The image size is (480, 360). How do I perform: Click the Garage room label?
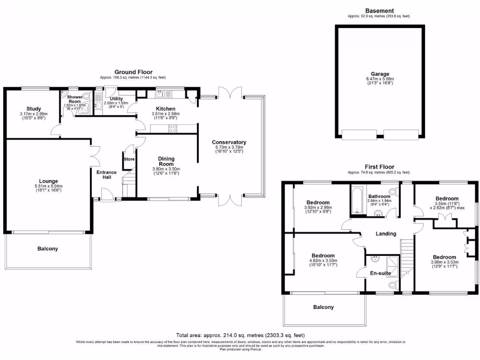[380, 74]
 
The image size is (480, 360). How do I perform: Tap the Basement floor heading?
[380, 11]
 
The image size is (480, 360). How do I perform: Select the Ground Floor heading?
[133, 72]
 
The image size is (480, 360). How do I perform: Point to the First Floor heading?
[380, 167]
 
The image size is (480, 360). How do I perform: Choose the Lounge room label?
[48, 181]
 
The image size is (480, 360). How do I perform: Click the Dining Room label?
[166, 161]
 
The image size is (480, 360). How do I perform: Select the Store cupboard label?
[129, 159]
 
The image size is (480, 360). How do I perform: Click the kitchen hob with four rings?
[172, 128]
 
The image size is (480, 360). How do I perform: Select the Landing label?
[386, 233]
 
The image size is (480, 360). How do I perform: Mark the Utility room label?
[116, 99]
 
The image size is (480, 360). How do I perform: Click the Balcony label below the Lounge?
[48, 248]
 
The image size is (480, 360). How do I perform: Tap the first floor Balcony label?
[323, 307]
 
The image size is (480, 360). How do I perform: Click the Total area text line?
[240, 335]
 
